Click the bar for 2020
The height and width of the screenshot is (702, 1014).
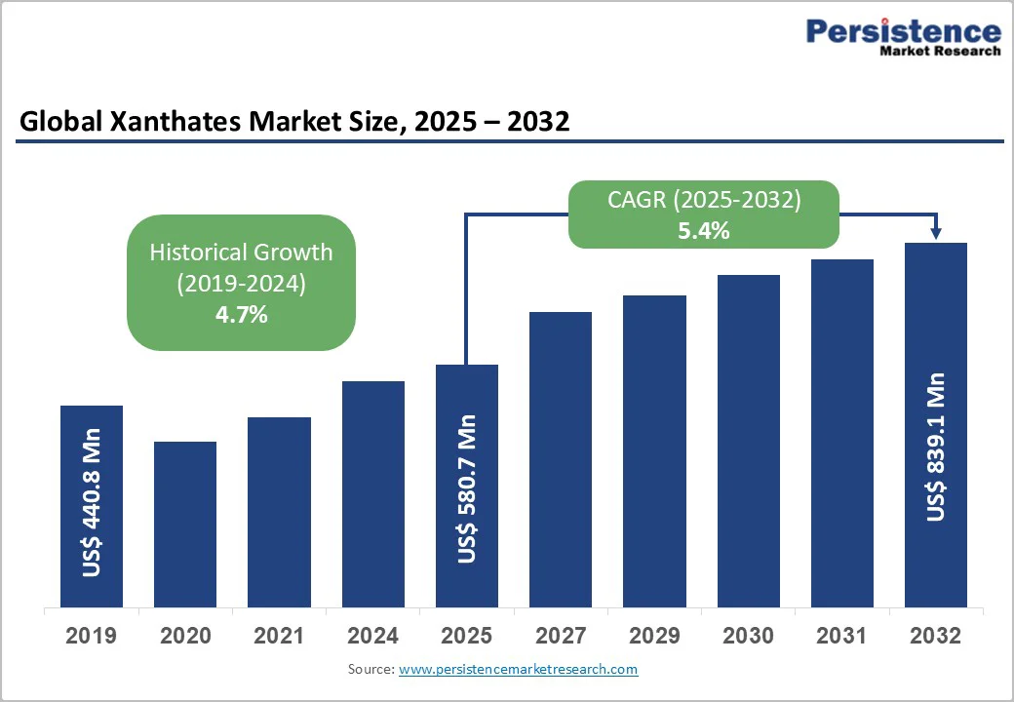click(185, 525)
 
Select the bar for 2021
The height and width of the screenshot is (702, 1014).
click(279, 512)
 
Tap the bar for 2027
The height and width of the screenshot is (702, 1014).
click(561, 459)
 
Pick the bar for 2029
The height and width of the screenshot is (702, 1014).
click(654, 450)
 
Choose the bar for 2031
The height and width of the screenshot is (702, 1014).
click(841, 433)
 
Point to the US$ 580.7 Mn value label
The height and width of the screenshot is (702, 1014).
click(467, 488)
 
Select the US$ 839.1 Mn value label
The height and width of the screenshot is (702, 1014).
click(936, 447)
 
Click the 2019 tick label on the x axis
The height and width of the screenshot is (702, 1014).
click(91, 637)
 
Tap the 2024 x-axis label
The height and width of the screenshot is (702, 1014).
click(372, 637)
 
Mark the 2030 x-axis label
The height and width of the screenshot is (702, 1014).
click(748, 637)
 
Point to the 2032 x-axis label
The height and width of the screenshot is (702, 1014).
click(936, 637)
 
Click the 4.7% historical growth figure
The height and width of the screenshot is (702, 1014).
click(241, 315)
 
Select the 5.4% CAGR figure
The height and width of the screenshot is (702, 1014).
click(704, 231)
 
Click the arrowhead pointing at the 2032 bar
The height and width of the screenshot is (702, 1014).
click(936, 234)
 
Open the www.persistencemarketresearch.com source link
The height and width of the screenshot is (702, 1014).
click(518, 669)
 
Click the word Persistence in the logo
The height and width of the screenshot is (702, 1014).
click(903, 31)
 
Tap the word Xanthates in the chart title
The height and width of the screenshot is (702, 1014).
click(163, 122)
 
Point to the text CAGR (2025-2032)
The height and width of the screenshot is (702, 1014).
click(704, 201)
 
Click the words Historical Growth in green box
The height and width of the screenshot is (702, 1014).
click(241, 253)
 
